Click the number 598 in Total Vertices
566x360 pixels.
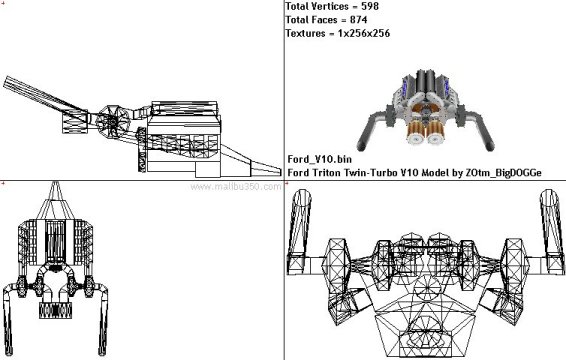coord(370,6)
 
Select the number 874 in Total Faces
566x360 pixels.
coord(358,19)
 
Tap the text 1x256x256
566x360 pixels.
coord(364,33)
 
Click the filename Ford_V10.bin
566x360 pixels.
coord(319,159)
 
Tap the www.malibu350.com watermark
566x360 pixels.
coord(236,187)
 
